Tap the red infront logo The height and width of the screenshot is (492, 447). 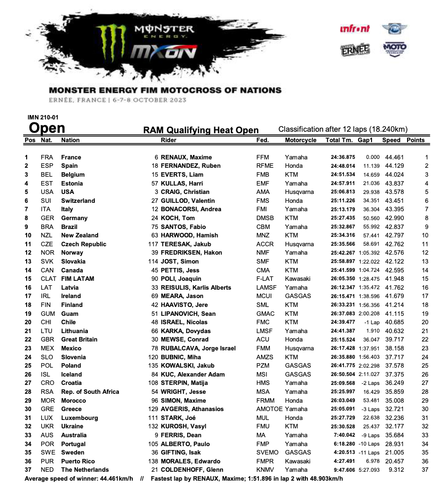355,29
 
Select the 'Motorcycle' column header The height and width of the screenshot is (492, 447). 300,140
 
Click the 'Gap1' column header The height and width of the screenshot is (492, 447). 365,140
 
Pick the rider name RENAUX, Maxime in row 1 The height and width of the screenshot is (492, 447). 184,157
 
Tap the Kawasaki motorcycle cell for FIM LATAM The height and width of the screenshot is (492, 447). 298,279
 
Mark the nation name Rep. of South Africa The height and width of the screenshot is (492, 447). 90,392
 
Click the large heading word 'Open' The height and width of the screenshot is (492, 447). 47,128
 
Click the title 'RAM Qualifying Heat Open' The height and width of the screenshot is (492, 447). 201,130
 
